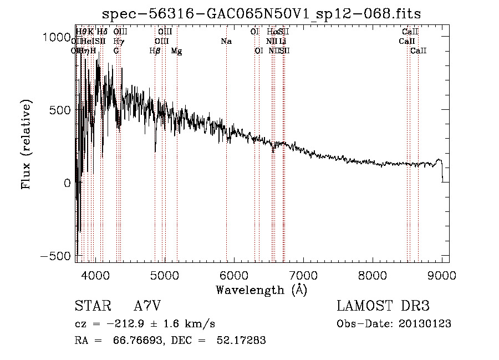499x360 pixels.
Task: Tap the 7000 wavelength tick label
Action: [303, 275]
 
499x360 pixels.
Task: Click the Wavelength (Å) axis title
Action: [261, 290]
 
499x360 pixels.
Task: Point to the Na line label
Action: [226, 42]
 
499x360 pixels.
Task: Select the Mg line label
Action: [176, 51]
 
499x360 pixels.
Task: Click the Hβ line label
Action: [155, 51]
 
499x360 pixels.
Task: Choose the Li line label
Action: [283, 42]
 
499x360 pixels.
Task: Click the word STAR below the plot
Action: [92, 306]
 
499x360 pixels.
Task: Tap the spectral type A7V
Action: [147, 306]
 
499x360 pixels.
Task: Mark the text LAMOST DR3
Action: [383, 306]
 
